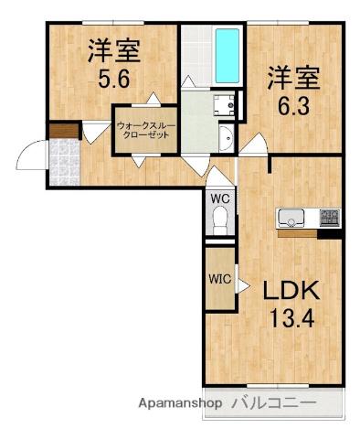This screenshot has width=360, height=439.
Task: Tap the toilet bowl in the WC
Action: [219, 220]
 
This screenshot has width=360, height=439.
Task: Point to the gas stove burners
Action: [329, 219]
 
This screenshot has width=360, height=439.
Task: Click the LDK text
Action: [291, 293]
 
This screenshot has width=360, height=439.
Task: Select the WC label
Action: [219, 197]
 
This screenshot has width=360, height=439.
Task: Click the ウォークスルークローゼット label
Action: [146, 128]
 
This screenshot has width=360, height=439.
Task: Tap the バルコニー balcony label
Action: [273, 403]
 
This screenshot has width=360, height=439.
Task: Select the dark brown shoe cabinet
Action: [63, 132]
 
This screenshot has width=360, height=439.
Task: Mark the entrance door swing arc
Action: [29, 151]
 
